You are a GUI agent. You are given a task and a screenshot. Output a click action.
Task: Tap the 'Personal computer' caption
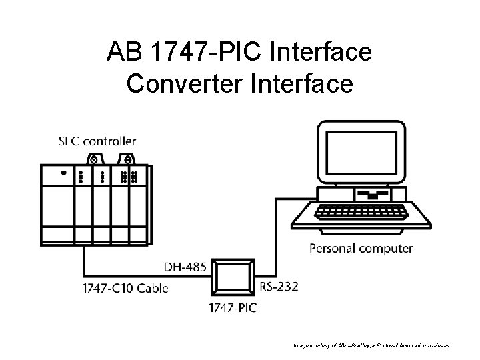point(361,249)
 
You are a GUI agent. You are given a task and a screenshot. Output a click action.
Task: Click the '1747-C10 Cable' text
point(125,288)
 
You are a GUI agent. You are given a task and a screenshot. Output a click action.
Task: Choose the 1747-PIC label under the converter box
point(233,308)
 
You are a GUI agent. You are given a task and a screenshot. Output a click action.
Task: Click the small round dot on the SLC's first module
point(64,172)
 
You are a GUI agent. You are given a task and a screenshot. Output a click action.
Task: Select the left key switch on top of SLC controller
point(94,159)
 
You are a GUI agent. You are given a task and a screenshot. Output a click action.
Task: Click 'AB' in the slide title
point(123,52)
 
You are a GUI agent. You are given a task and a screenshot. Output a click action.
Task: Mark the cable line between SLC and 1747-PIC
point(133,276)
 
